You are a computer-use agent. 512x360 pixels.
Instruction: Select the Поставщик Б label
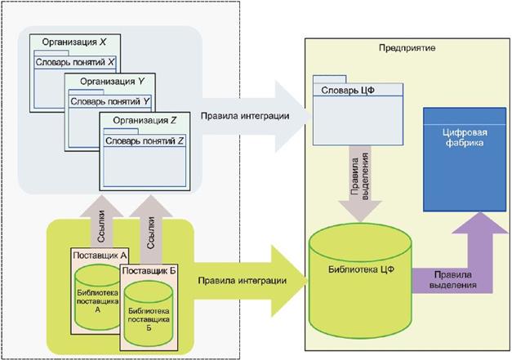(x=148, y=269)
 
